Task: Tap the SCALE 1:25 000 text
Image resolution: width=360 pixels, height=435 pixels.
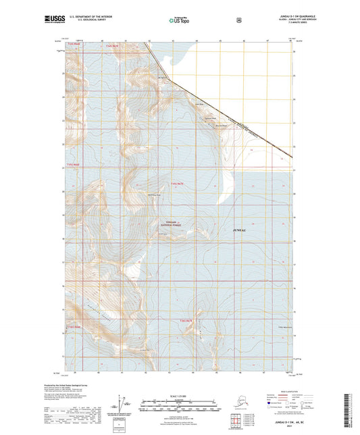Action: (x=179, y=394)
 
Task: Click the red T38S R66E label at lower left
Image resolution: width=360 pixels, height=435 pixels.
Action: (x=72, y=327)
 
